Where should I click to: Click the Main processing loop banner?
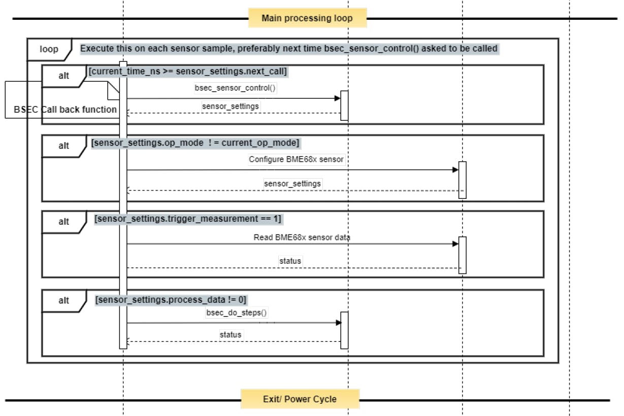307,18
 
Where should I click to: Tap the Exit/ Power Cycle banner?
300,399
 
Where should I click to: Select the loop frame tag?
49,49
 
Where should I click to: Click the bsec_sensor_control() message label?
235,88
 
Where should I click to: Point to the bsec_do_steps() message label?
236,313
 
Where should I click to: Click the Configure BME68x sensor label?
296,159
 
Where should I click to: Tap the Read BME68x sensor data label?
302,237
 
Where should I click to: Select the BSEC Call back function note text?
65,110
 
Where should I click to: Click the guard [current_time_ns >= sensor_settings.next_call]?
188,71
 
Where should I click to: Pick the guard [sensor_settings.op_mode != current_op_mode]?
195,143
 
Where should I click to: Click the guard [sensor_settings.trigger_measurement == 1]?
188,219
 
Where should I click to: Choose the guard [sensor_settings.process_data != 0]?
171,300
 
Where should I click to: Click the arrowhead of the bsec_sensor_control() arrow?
337,98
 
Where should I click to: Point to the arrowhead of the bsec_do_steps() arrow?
338,323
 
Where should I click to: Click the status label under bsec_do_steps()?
231,334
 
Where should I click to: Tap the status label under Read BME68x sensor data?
290,261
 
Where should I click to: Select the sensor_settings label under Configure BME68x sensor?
292,184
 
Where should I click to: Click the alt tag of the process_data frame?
64,301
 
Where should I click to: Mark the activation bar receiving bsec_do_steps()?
345,330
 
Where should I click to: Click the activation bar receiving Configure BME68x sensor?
463,180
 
